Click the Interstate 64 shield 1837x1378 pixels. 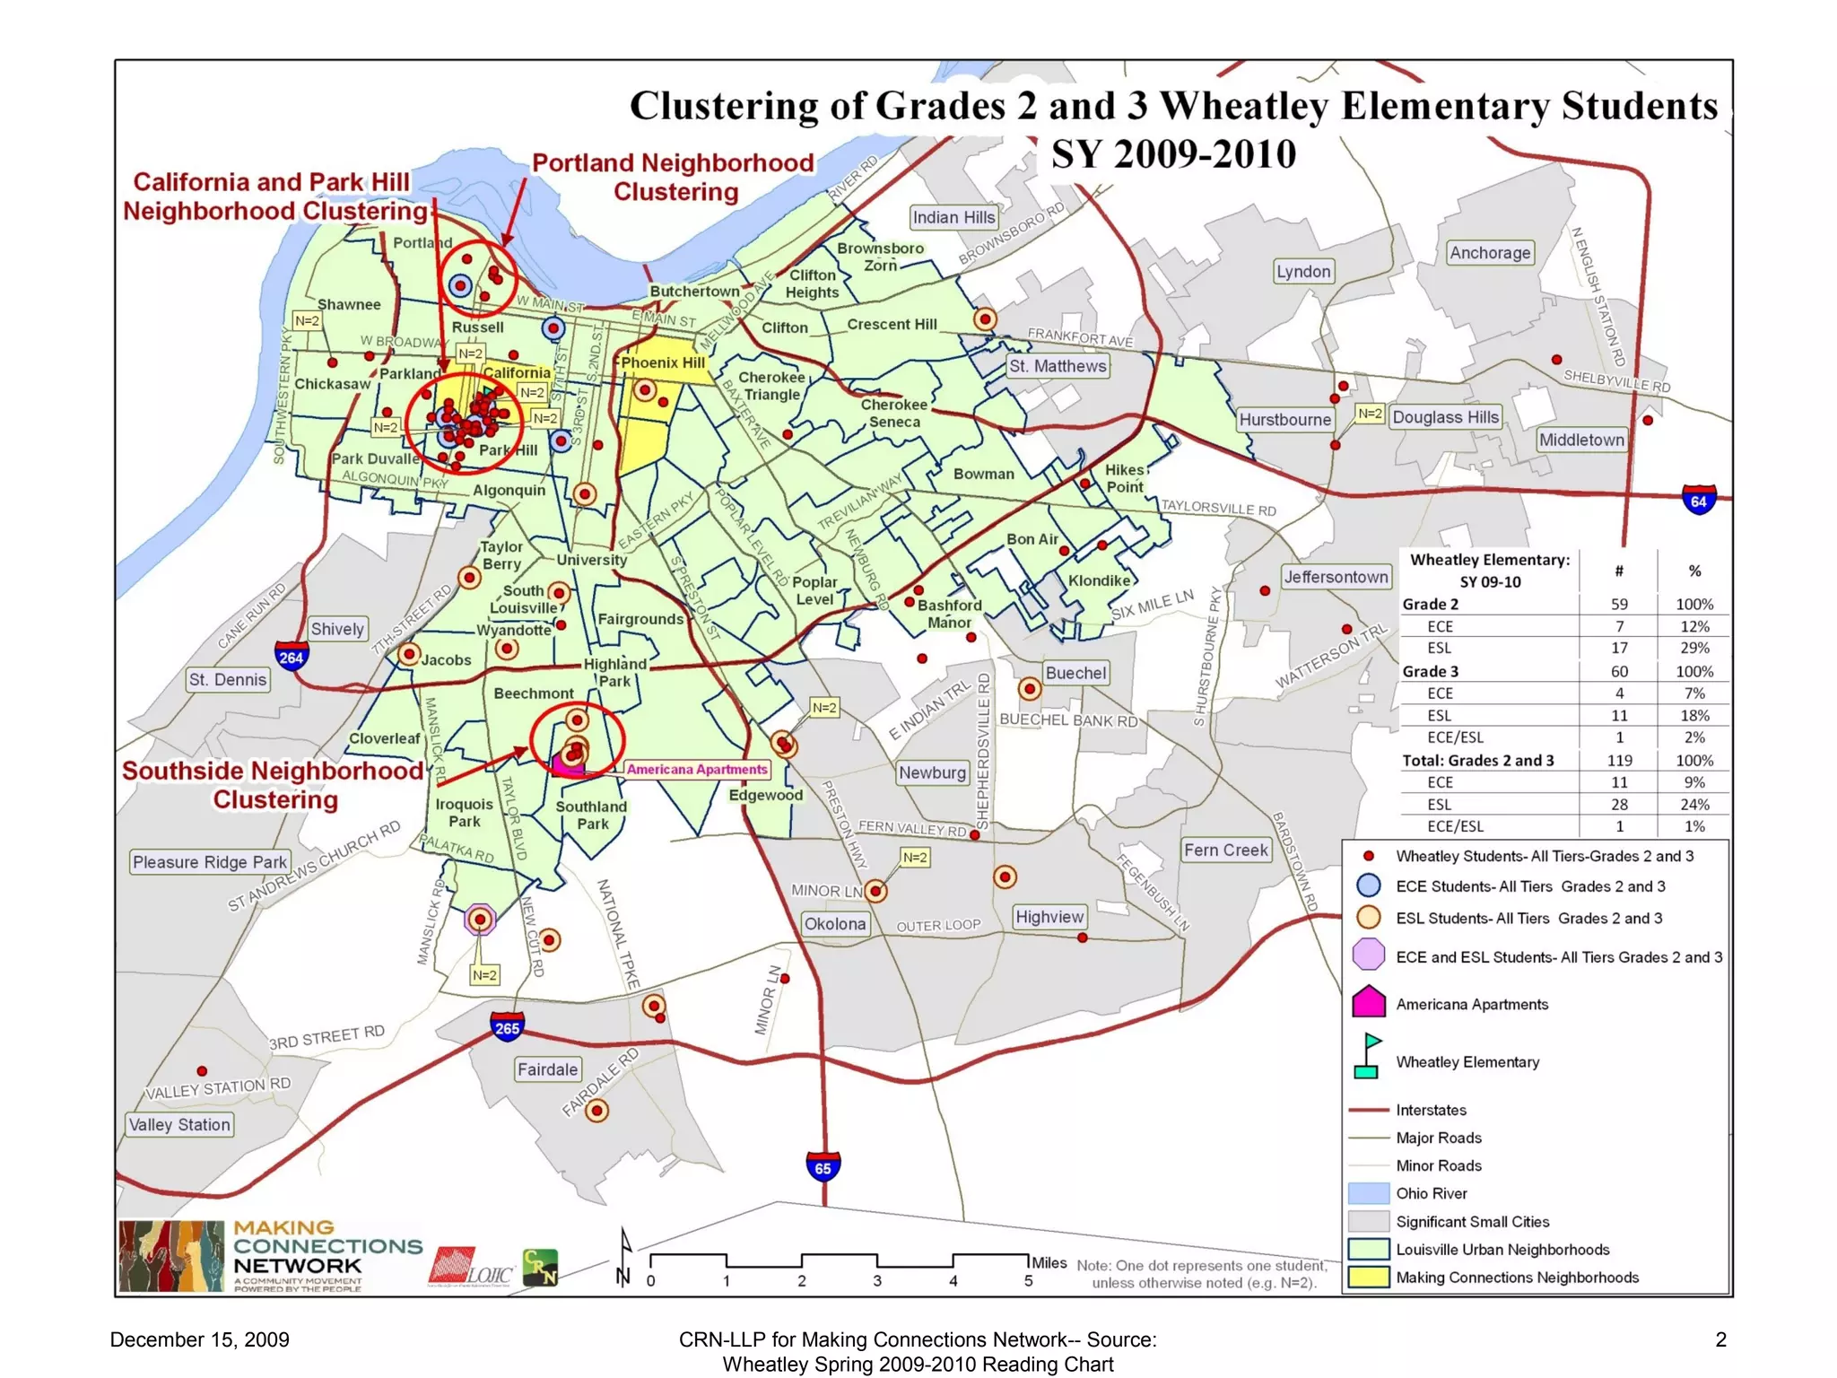click(1698, 500)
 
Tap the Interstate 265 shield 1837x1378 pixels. click(507, 1027)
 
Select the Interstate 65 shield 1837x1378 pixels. click(823, 1166)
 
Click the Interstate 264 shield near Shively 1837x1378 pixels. click(292, 657)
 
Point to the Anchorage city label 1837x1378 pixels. click(1490, 253)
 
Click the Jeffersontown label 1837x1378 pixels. click(1336, 577)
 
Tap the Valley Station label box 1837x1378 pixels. click(179, 1125)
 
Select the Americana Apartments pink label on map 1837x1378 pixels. click(697, 769)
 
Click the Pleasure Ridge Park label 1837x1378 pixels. click(210, 862)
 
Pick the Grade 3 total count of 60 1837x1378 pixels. click(1619, 671)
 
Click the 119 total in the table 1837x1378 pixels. click(1619, 760)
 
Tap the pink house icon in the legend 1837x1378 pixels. click(1369, 1002)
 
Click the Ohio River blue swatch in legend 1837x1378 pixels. click(1369, 1193)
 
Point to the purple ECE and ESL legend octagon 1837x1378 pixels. click(1369, 955)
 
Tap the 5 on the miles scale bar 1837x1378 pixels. click(1028, 1281)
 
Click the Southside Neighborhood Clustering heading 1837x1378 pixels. click(273, 785)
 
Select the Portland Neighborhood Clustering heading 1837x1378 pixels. click(674, 177)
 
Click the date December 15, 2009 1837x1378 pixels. click(199, 1339)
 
